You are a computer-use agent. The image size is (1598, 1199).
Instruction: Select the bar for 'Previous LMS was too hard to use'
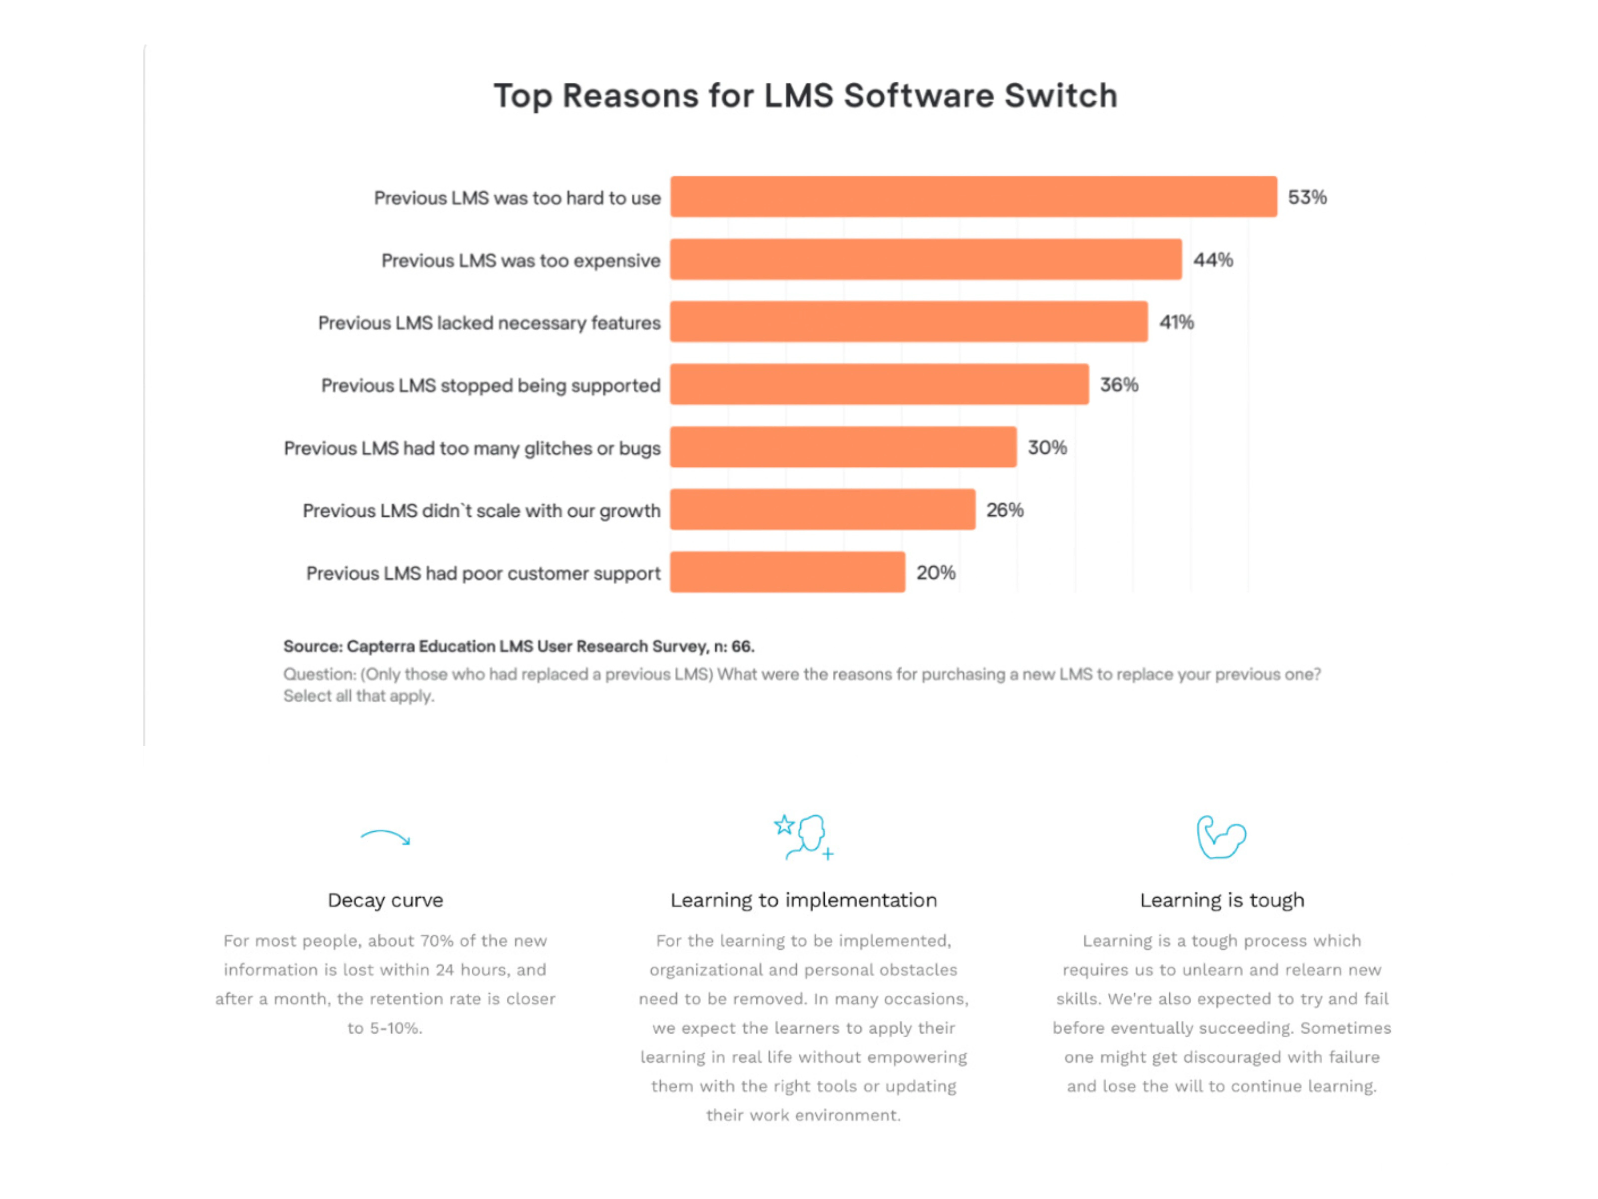[973, 197]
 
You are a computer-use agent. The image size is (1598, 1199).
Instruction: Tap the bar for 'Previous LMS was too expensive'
[925, 260]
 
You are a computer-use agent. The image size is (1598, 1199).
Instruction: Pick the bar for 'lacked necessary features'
[908, 322]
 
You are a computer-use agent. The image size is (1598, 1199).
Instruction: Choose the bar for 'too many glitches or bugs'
[843, 447]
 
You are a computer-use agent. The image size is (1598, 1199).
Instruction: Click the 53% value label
[1307, 197]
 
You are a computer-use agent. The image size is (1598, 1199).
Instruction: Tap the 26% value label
[1005, 510]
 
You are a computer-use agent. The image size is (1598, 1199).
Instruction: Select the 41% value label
[1176, 322]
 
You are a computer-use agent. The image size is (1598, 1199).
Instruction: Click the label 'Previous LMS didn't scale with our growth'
[481, 511]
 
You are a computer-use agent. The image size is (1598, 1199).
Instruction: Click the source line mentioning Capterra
[518, 646]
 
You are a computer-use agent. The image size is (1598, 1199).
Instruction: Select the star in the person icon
[784, 825]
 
